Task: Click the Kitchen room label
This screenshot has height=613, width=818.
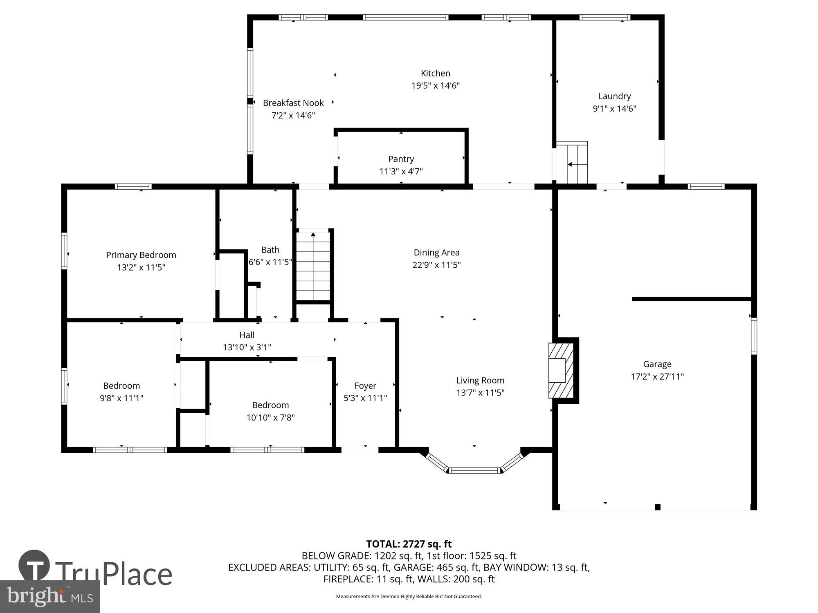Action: pos(435,74)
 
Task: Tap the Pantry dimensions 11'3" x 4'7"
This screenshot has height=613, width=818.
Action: pos(401,171)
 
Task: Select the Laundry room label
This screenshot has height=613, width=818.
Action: pos(614,96)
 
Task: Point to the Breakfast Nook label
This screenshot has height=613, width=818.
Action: pos(293,103)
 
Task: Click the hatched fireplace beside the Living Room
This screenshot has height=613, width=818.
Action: pos(561,370)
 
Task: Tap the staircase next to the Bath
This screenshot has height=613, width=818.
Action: pos(313,266)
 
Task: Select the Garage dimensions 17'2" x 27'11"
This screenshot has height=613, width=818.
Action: pos(657,376)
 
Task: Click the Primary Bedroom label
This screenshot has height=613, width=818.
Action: pos(141,255)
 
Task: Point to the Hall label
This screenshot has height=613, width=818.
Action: pos(247,335)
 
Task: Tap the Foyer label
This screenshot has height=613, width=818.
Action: pos(365,386)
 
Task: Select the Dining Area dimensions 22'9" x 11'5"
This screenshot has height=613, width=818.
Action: pos(436,265)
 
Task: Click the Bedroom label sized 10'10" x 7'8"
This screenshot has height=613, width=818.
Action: pos(270,405)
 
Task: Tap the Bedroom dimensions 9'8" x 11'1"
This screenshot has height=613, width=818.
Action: pos(121,398)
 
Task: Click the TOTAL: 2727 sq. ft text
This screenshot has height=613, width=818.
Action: pos(409,544)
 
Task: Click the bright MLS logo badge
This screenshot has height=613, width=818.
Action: pos(49,597)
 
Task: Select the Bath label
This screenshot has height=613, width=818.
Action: pos(270,250)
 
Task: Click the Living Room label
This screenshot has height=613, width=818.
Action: pos(480,380)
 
